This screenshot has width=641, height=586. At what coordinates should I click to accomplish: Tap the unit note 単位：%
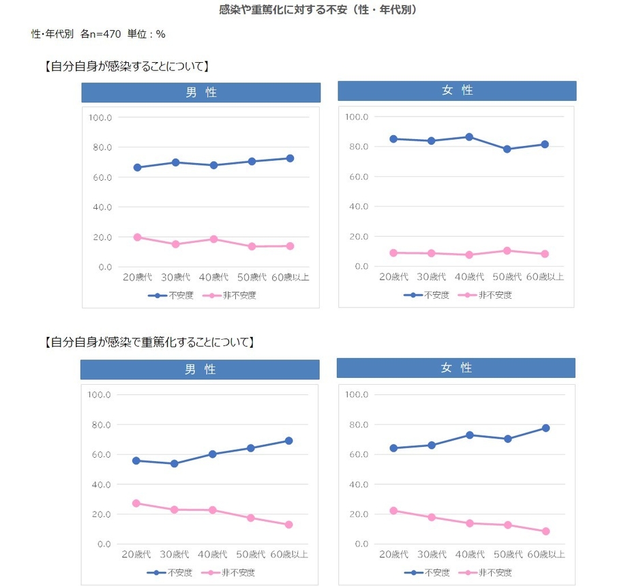click(146, 33)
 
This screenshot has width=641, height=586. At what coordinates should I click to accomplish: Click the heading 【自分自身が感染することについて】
click(126, 67)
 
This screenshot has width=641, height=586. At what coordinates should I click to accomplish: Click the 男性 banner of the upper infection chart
click(201, 93)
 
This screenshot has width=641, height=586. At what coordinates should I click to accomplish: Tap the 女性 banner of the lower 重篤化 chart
click(456, 368)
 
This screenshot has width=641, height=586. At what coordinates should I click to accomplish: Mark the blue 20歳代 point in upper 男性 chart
click(137, 167)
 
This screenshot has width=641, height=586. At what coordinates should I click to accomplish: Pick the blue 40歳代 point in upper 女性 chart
click(469, 137)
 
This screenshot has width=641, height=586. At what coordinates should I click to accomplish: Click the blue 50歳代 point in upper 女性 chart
click(507, 149)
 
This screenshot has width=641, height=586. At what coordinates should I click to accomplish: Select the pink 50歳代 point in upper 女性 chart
click(507, 250)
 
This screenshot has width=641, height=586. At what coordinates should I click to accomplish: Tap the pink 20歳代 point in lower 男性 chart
click(136, 503)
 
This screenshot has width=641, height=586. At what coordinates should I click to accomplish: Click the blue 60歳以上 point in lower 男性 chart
click(289, 441)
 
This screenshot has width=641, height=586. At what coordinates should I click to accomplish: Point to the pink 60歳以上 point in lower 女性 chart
click(546, 531)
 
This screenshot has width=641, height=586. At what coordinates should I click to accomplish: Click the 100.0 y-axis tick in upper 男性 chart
click(100, 117)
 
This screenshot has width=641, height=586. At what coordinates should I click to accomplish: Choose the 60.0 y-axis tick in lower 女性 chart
click(357, 454)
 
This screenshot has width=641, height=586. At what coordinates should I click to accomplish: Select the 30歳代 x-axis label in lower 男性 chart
click(175, 555)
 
